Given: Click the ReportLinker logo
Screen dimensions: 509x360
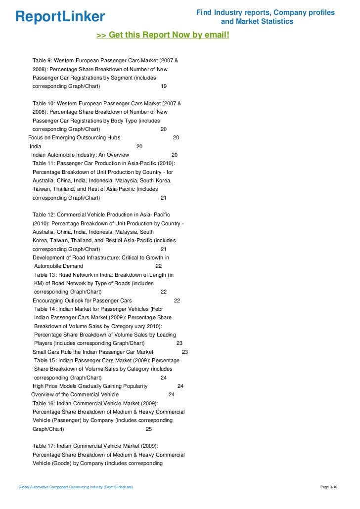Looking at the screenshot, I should (x=60, y=16).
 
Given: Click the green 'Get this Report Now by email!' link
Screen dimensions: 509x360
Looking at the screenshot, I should (x=163, y=35).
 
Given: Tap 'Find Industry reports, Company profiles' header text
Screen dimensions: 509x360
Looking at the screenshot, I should (x=265, y=12).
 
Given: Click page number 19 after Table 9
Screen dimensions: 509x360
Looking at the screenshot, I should (x=164, y=86).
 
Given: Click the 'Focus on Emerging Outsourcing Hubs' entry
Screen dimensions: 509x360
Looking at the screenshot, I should (x=74, y=138).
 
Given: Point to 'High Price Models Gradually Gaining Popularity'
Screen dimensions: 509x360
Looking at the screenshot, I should (x=90, y=386).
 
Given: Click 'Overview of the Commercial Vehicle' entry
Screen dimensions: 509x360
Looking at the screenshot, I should (x=75, y=394).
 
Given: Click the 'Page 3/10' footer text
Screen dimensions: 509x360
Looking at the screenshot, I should (x=329, y=487).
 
